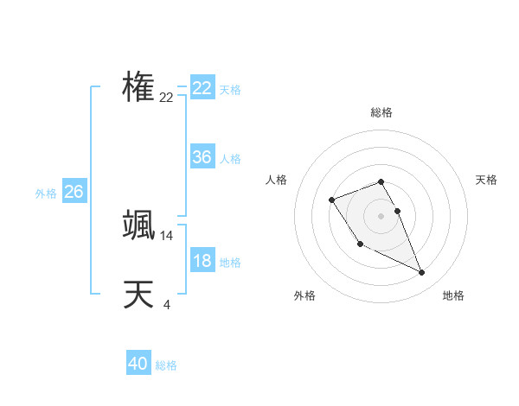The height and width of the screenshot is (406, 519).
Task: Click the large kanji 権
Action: click(x=138, y=87)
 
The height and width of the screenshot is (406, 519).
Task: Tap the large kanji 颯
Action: click(x=138, y=225)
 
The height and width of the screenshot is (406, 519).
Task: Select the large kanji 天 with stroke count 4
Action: click(x=138, y=295)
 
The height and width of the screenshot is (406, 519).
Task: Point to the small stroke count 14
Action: click(x=167, y=235)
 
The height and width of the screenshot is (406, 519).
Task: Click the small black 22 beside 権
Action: click(x=166, y=98)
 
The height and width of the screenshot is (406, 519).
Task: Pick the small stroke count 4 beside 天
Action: click(x=166, y=304)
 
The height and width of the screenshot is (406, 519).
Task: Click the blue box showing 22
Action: click(x=202, y=88)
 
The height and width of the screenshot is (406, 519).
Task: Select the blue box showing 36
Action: click(x=202, y=157)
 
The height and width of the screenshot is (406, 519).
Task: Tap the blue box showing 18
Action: click(x=202, y=261)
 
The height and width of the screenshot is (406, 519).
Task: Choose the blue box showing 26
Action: click(x=74, y=192)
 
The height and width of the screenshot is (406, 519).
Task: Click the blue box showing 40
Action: click(x=138, y=364)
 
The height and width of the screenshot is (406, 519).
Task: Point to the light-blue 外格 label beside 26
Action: click(x=46, y=193)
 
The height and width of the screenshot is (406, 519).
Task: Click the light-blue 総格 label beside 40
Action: click(x=166, y=365)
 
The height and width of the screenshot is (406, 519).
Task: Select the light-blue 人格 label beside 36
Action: click(x=230, y=159)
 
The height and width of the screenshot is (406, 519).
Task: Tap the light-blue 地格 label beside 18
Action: click(x=230, y=263)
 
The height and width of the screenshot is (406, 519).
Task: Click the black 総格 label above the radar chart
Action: click(x=381, y=112)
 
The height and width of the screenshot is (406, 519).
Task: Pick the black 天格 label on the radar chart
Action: click(x=487, y=180)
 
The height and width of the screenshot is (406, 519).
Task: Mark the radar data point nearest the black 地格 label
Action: click(x=422, y=273)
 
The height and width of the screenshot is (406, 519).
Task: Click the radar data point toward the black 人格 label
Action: click(x=332, y=200)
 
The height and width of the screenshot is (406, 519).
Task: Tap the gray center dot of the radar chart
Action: click(x=381, y=215)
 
